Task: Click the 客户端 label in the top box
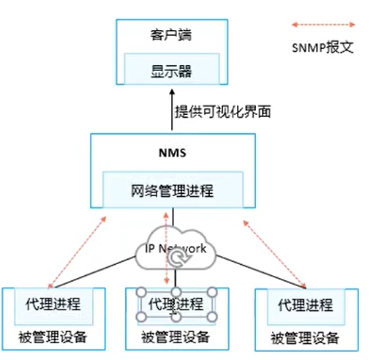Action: [171, 35]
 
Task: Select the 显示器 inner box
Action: [172, 69]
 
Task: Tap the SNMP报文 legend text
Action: [323, 47]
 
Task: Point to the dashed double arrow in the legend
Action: [323, 25]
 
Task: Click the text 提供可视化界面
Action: [223, 112]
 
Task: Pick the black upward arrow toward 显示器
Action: [172, 110]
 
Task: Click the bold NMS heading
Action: [173, 153]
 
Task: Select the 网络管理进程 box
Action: [173, 190]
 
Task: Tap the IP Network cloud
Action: [176, 247]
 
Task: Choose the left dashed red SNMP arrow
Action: [78, 252]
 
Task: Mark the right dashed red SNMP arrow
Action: [275, 255]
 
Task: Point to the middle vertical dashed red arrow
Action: [167, 248]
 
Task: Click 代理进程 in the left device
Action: [53, 304]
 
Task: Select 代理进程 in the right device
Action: [306, 305]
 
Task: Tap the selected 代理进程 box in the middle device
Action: [176, 304]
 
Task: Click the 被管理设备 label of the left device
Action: [53, 337]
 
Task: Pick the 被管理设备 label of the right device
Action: [305, 338]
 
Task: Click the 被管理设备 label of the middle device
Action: [176, 337]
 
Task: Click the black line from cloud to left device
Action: [95, 272]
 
